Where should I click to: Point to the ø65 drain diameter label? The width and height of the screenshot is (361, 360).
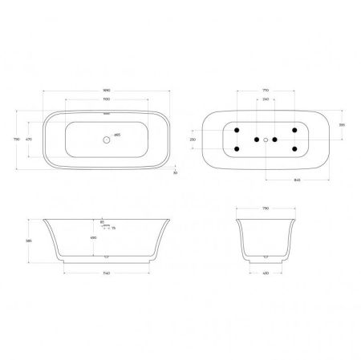(x=117, y=134)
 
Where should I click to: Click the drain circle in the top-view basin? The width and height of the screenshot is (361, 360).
(x=105, y=140)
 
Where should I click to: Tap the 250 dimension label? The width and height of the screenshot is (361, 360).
(x=193, y=140)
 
